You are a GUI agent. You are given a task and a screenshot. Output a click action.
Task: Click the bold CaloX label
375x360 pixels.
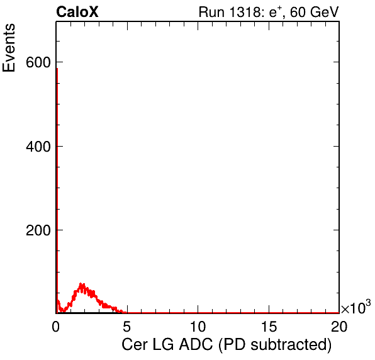click(x=77, y=12)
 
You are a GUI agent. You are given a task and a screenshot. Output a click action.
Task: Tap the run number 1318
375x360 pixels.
click(x=245, y=12)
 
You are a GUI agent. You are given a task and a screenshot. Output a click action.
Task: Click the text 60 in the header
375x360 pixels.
click(x=298, y=12)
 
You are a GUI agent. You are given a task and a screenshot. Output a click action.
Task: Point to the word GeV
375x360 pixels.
click(x=325, y=12)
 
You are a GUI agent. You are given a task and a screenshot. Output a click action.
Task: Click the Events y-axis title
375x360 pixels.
click(x=9, y=48)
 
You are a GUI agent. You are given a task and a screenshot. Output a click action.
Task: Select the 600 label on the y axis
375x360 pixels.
click(x=38, y=63)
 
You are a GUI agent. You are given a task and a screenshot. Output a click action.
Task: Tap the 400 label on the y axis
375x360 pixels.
click(x=38, y=147)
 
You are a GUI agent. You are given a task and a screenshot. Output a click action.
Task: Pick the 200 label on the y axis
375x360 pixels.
click(x=38, y=230)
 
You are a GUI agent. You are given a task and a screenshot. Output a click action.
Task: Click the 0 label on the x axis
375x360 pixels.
click(x=56, y=327)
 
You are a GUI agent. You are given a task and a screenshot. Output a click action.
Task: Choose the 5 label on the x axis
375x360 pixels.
click(x=126, y=327)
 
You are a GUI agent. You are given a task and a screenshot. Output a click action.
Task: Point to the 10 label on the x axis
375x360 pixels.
click(x=198, y=327)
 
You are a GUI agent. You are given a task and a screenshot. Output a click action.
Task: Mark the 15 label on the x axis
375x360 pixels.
click(x=269, y=327)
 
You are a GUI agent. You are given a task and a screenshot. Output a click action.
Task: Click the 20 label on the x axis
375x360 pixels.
click(x=339, y=327)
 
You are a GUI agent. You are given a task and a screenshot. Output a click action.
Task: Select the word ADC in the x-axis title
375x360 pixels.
click(x=196, y=344)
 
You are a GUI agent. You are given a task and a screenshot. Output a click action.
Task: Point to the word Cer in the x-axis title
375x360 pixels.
click(x=135, y=344)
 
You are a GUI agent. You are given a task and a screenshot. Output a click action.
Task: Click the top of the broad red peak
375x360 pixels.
click(x=82, y=284)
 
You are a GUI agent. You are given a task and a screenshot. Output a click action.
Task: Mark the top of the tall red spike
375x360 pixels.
click(x=57, y=69)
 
